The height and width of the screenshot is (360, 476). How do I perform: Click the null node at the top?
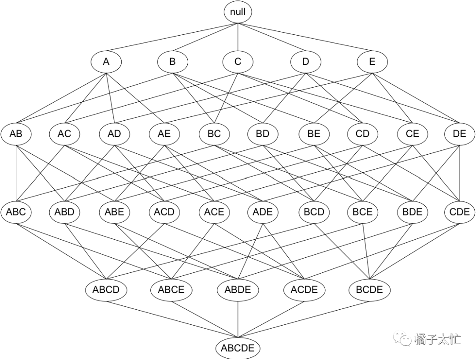coord(238,12)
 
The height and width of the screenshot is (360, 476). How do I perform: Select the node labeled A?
coord(106,62)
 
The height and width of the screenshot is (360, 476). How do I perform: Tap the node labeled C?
coord(238,62)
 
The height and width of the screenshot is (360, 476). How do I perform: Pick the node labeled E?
coord(372,62)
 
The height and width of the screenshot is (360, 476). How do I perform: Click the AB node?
coord(16,134)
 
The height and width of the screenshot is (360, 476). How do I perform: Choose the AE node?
coord(164,134)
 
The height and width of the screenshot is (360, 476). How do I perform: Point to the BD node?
coord(263,134)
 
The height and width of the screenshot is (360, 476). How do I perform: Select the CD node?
coord(362,134)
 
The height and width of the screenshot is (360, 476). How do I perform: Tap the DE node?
coord(460,134)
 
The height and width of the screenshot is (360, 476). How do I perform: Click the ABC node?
coord(16,212)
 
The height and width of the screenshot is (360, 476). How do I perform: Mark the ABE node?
coord(115,212)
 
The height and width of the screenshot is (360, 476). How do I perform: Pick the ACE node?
coord(214,212)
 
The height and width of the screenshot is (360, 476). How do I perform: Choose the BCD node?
coord(314,212)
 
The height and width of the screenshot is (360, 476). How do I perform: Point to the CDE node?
coord(460,212)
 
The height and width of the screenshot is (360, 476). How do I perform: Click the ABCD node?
coord(106,290)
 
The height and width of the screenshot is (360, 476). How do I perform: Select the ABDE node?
coord(238,290)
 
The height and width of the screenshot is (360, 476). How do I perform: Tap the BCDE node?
coord(369,290)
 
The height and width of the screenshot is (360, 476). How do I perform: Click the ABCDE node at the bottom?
coord(238,348)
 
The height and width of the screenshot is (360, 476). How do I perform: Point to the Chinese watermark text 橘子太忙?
coord(437,339)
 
